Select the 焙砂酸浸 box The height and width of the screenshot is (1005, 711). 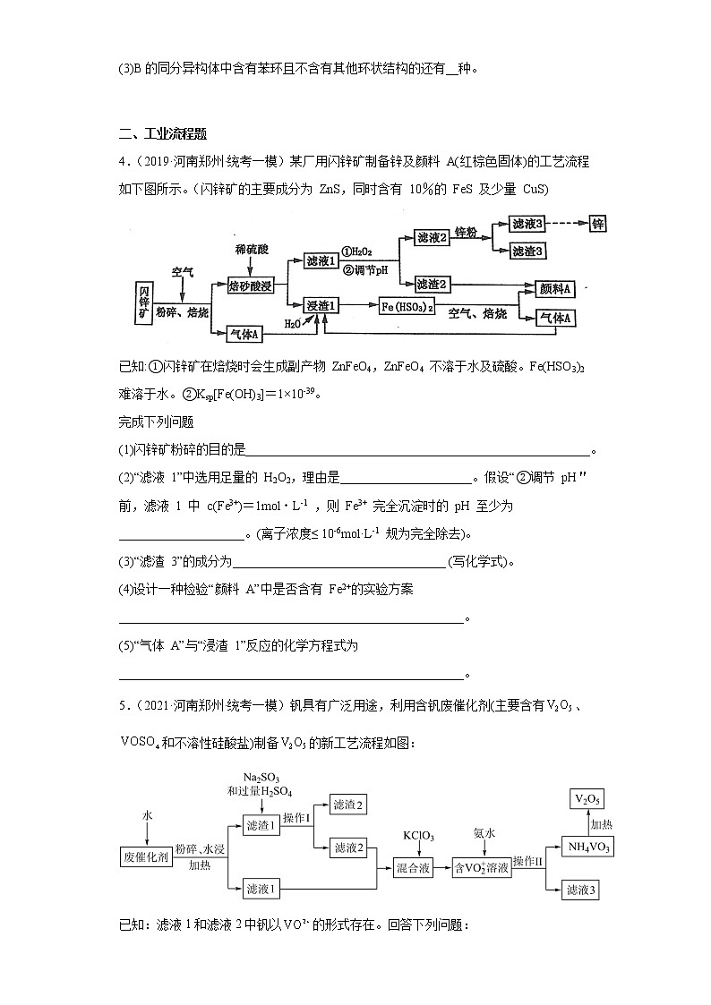[252, 286]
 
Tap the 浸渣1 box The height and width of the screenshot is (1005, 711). [321, 306]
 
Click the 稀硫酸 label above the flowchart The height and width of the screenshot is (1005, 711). [251, 246]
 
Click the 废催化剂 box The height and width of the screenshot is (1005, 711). [144, 856]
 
